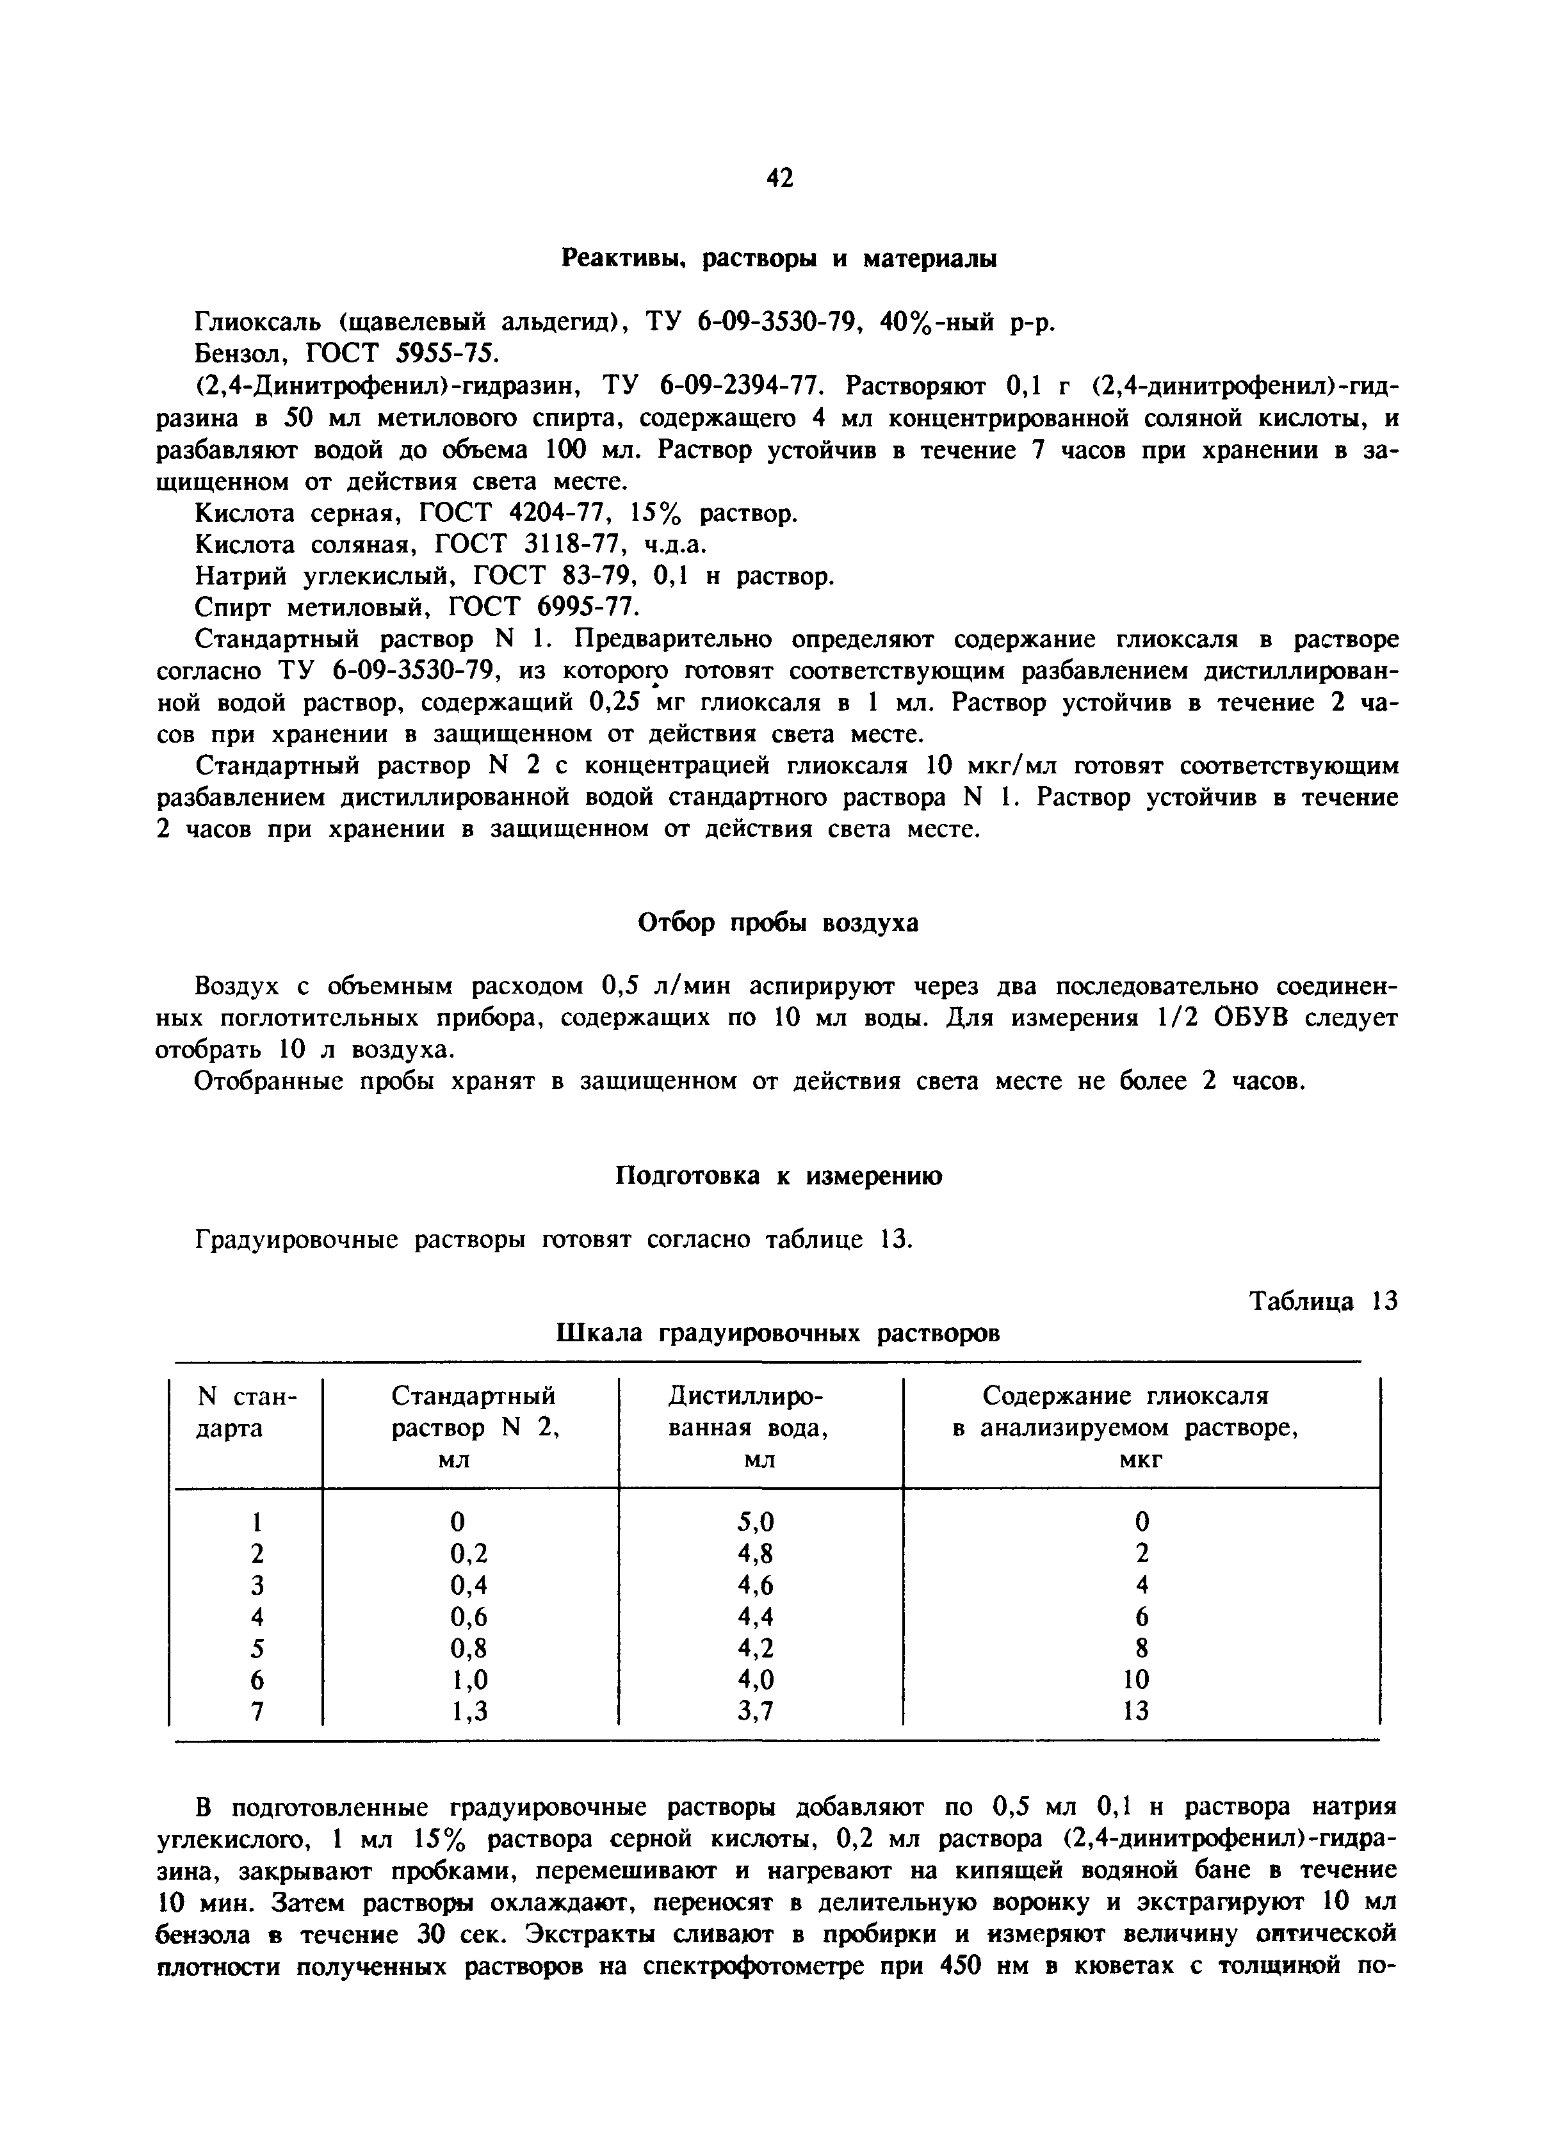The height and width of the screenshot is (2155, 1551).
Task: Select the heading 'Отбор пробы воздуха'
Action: tap(777, 923)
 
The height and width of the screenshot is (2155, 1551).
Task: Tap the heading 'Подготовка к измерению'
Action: tap(778, 1176)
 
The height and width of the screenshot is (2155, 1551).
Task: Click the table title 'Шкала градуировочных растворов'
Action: tap(777, 1333)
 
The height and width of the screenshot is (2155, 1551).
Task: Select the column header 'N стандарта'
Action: tap(246, 1412)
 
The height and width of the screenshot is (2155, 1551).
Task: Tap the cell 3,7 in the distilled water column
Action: tap(756, 1710)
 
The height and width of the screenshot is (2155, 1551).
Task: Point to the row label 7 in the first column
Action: tap(256, 1710)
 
